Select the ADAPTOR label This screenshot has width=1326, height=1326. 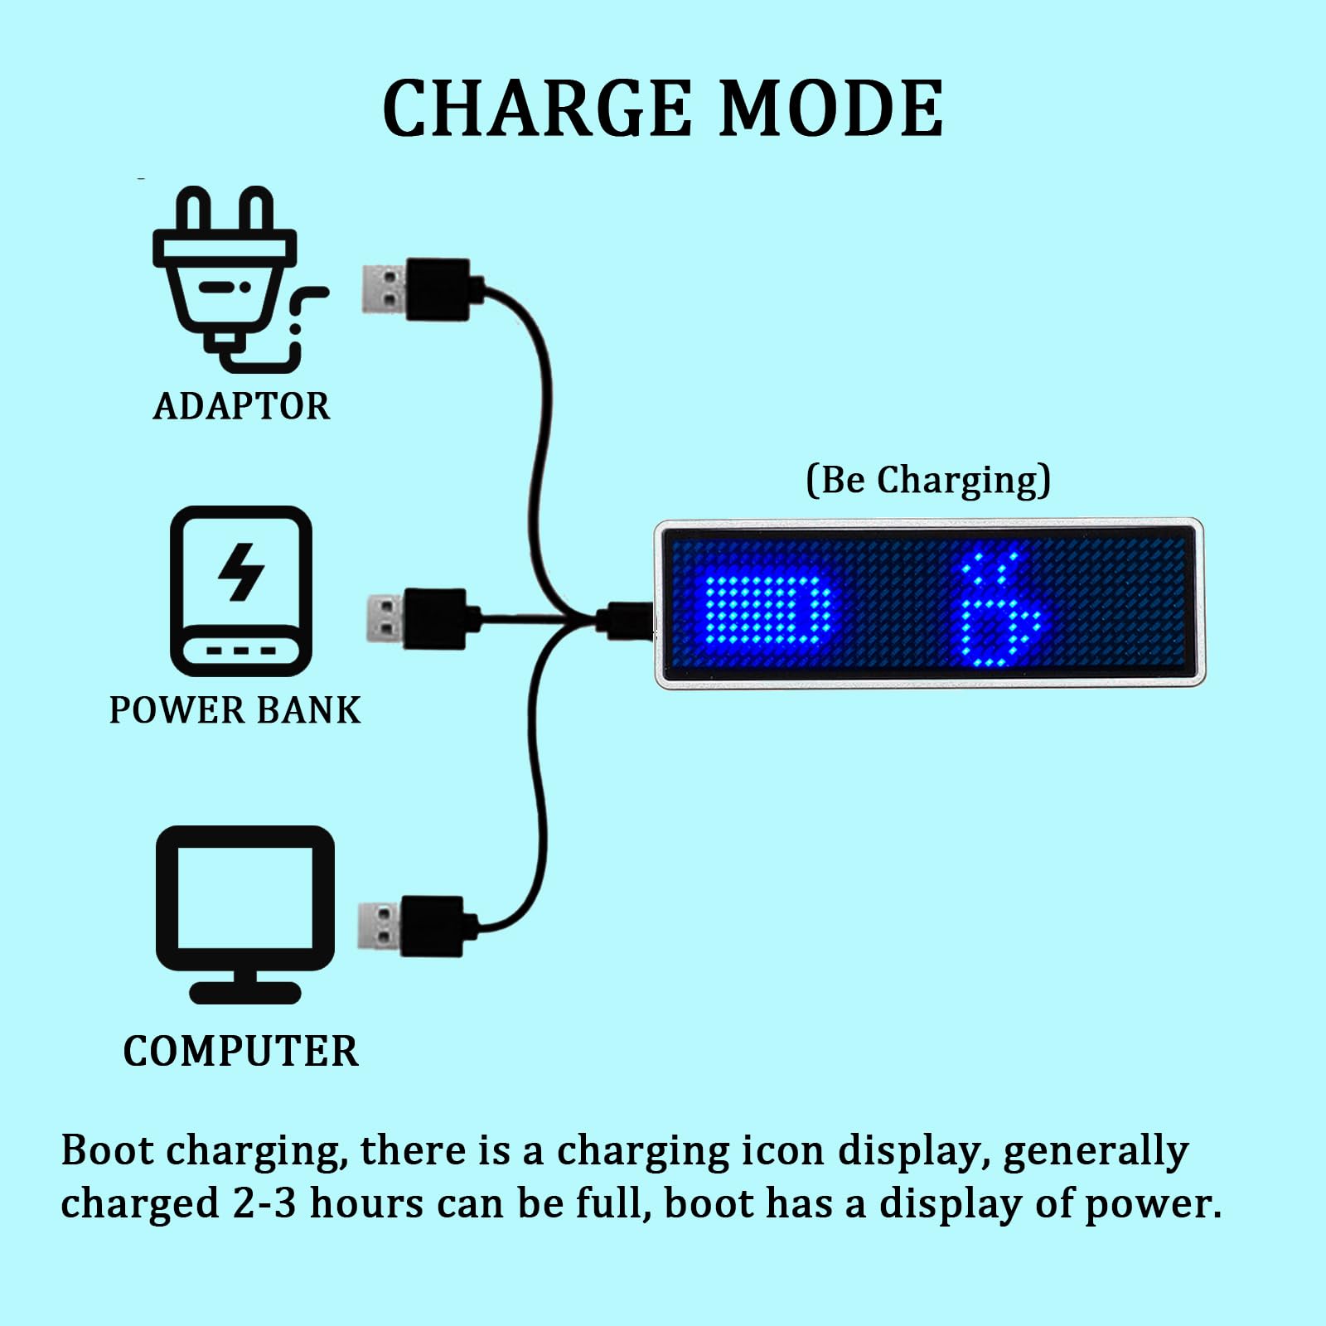(x=241, y=406)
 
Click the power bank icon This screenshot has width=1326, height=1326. (x=241, y=591)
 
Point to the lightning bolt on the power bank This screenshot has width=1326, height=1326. (x=241, y=571)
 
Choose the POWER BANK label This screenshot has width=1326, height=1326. (x=235, y=710)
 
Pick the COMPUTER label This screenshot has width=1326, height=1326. (x=241, y=1051)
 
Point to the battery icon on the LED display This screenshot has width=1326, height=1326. (x=767, y=609)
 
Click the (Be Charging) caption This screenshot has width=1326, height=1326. (x=928, y=480)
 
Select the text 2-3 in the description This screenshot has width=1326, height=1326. (x=264, y=1203)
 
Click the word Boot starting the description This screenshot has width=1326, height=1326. (x=107, y=1150)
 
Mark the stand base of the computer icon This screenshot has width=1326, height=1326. (x=245, y=992)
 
